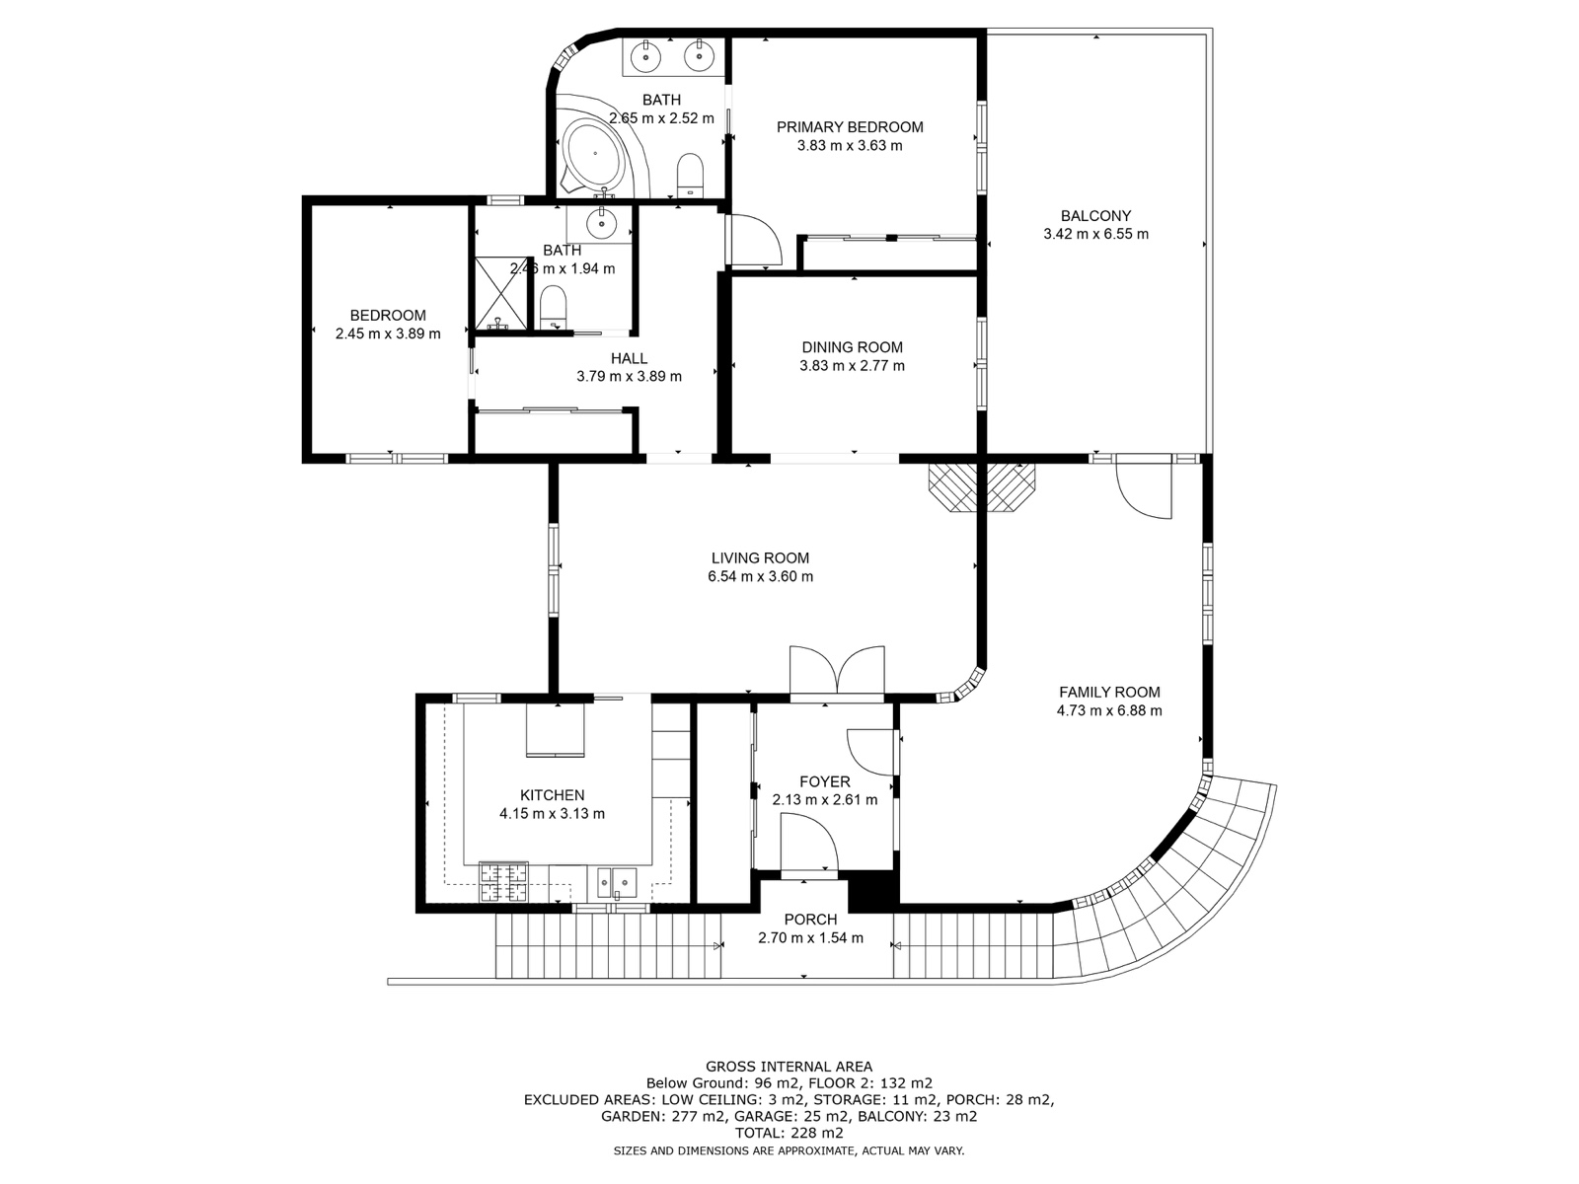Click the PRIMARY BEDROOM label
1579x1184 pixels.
850,127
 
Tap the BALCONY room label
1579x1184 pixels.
1095,216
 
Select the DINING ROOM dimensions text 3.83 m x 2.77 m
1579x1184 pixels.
852,366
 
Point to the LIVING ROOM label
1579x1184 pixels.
760,557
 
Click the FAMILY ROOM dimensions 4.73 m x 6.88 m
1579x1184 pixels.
1109,711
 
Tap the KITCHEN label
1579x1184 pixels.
553,795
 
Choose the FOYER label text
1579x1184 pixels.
825,781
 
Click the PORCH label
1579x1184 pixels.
811,920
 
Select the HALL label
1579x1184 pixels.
629,358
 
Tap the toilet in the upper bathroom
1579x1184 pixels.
691,174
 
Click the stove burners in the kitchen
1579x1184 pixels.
503,881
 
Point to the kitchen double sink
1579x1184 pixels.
617,882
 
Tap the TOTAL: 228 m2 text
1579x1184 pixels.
789,1133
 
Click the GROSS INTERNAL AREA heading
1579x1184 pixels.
789,1067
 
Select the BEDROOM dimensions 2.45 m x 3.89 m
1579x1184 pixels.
388,333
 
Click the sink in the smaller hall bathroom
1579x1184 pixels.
601,224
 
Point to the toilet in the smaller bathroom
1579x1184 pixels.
554,306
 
